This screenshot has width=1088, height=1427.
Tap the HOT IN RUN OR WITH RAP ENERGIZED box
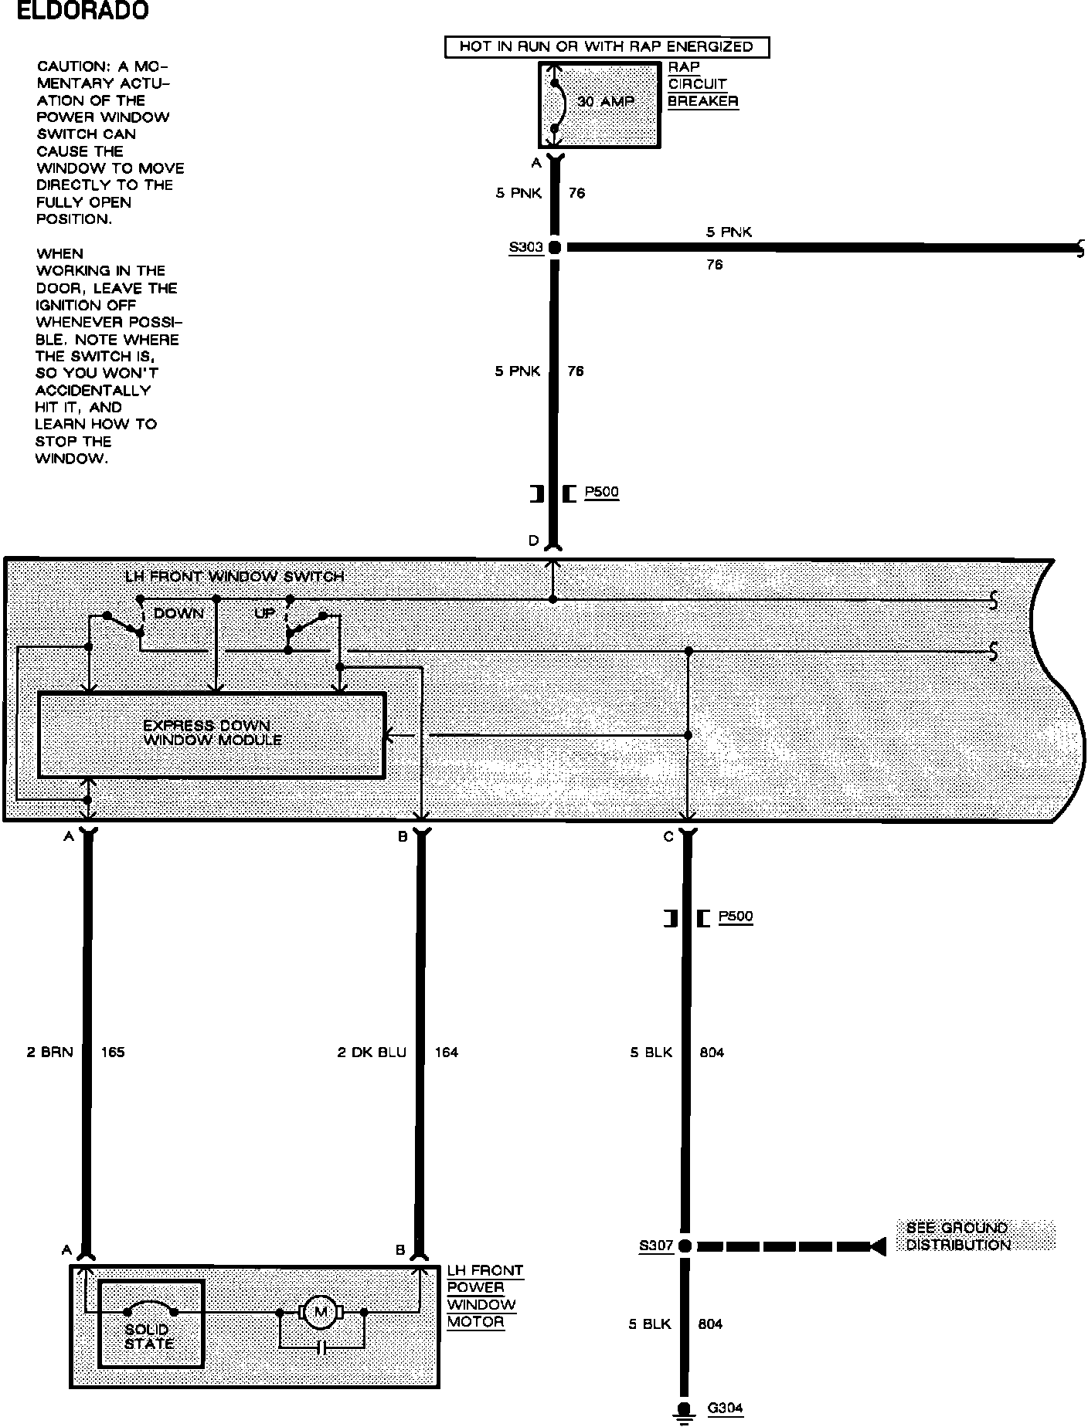(x=607, y=47)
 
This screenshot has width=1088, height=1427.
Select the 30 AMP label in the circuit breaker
(x=606, y=101)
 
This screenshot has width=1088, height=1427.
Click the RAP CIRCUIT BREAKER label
(x=702, y=84)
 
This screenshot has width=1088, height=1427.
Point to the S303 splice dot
(x=553, y=248)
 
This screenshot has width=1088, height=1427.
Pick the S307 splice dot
(x=685, y=1246)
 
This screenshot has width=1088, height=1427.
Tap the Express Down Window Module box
(x=211, y=734)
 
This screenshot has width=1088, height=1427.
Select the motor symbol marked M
(x=321, y=1312)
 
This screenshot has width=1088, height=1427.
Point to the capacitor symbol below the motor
(x=321, y=1347)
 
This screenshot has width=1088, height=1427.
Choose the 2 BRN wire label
(x=49, y=1052)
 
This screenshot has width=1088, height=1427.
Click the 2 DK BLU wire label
(x=371, y=1052)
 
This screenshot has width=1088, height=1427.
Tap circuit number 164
(x=447, y=1052)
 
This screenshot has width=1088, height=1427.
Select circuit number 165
(x=113, y=1052)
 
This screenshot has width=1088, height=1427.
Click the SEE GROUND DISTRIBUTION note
(x=958, y=1236)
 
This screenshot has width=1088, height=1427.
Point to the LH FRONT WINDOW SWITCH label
(x=234, y=577)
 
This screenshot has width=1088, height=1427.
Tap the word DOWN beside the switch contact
(x=178, y=614)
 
